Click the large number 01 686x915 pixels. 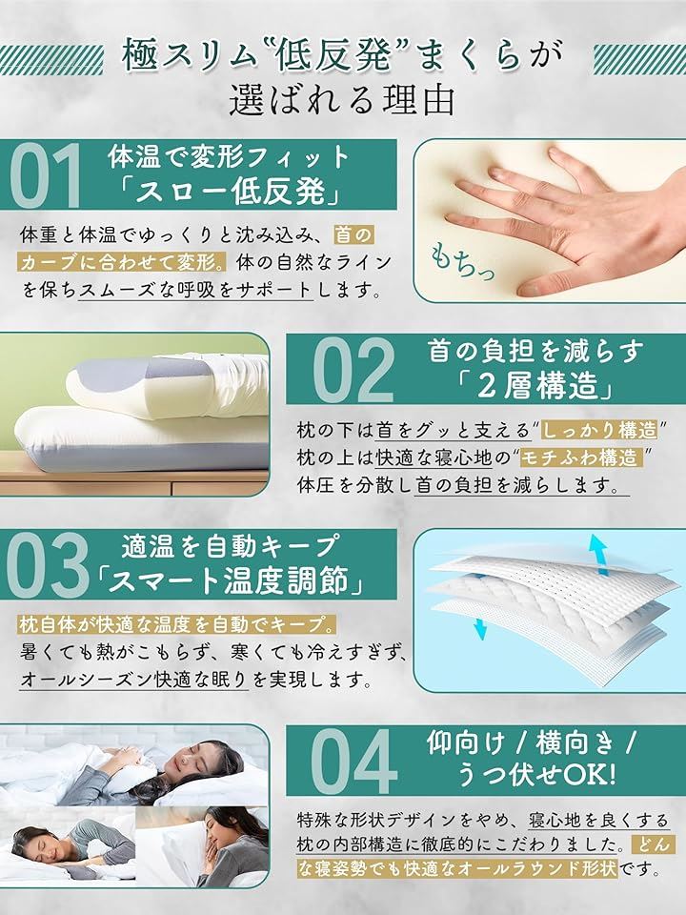pyautogui.click(x=46, y=176)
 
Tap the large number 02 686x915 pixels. pyautogui.click(x=354, y=370)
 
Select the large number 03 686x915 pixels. pyautogui.click(x=48, y=566)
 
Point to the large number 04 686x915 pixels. pyautogui.click(x=354, y=762)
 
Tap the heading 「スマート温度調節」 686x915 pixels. pyautogui.click(x=230, y=580)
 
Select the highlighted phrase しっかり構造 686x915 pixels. pyautogui.click(x=599, y=431)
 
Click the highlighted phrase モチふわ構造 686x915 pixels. pyautogui.click(x=581, y=458)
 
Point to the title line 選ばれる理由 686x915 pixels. pyautogui.click(x=342, y=100)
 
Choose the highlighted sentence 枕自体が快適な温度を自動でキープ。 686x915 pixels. pyautogui.click(x=177, y=625)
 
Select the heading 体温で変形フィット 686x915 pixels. pyautogui.click(x=229, y=156)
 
